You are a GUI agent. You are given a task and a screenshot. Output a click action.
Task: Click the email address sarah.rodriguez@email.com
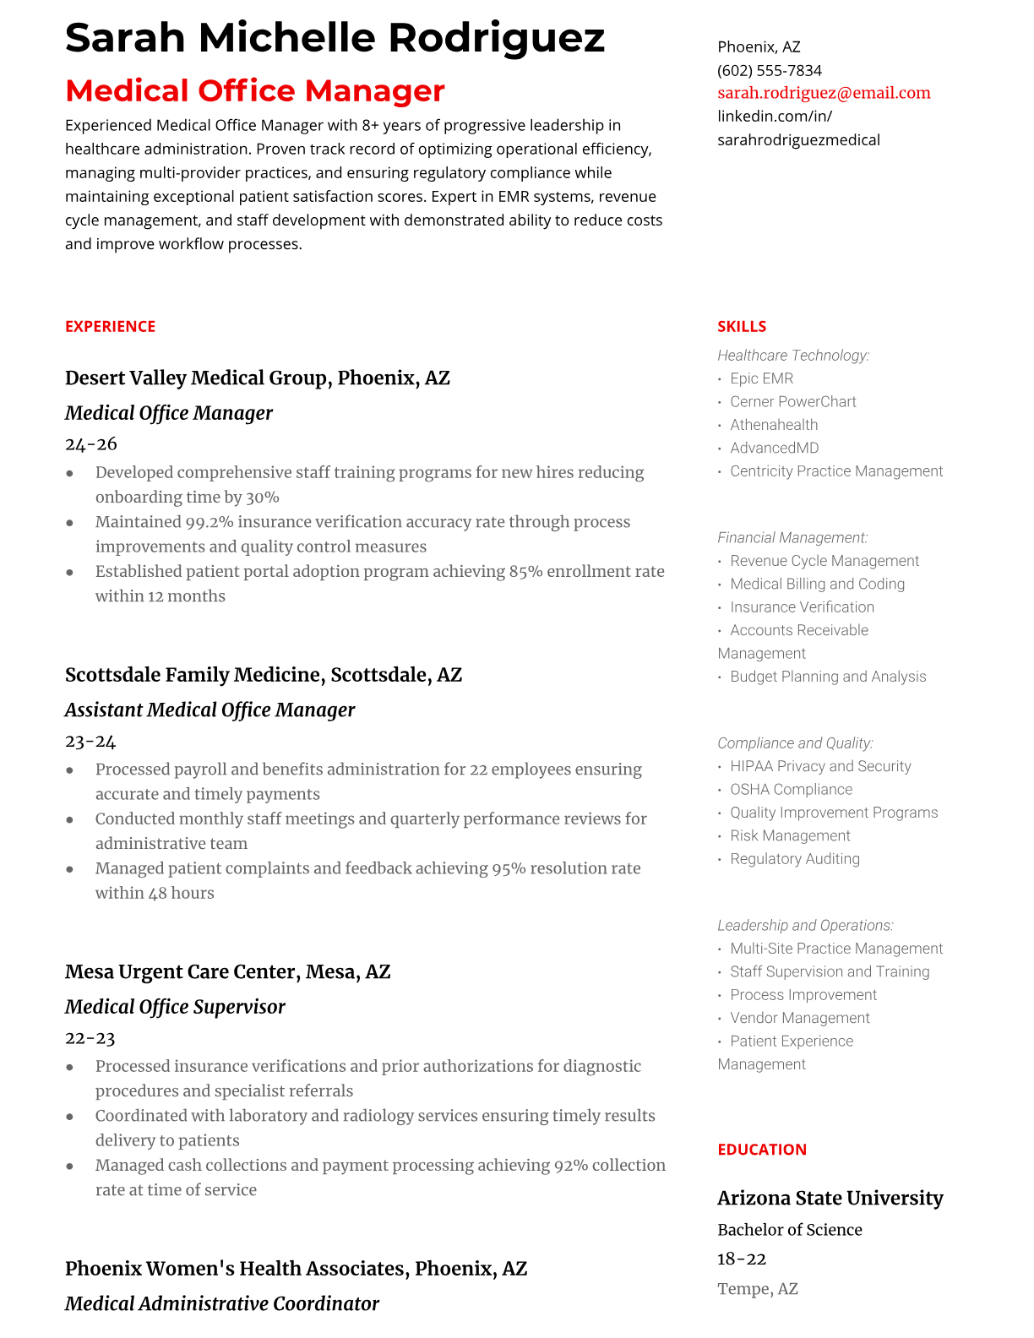(x=824, y=93)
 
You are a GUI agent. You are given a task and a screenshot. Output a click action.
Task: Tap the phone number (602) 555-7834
(x=769, y=70)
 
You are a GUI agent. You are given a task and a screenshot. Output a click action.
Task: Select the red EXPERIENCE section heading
(x=110, y=326)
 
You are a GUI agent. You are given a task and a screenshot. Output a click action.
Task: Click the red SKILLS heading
(x=742, y=326)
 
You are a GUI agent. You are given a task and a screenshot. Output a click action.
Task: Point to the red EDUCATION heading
(x=761, y=1149)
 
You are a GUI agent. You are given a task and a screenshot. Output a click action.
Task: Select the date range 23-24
(x=90, y=741)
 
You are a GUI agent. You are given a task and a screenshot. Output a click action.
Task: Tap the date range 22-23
(x=90, y=1037)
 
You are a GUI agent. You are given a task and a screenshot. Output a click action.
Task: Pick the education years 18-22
(x=741, y=1259)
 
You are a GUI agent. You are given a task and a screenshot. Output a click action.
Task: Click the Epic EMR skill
(x=761, y=378)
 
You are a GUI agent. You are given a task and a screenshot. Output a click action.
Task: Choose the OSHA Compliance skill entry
(x=791, y=789)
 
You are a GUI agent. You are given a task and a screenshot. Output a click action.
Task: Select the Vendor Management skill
(x=799, y=1018)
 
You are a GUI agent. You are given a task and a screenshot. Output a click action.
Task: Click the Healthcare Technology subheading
(x=792, y=356)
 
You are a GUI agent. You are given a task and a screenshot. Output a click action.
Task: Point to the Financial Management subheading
(x=792, y=537)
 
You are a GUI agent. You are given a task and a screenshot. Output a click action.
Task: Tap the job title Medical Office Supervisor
(x=175, y=1006)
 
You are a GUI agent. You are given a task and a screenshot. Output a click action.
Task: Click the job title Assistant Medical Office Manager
(x=210, y=710)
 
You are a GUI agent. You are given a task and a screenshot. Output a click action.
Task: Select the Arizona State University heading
(x=830, y=1198)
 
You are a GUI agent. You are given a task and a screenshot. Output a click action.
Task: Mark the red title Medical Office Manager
(x=254, y=90)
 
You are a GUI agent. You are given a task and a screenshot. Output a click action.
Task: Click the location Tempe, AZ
(x=757, y=1288)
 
